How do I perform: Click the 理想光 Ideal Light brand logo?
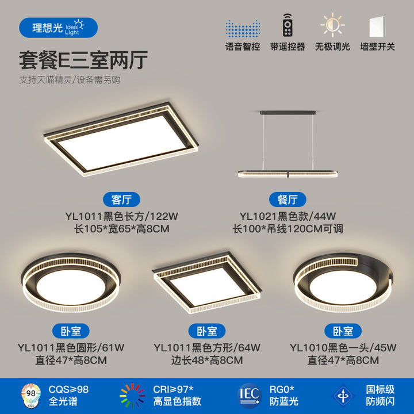point(58,28)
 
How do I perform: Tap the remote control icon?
point(287,25)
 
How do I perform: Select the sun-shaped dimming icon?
point(332,25)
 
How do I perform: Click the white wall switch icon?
point(377,26)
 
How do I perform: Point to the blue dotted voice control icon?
point(243,29)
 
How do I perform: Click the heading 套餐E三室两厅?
point(83,60)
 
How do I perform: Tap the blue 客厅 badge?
point(121,200)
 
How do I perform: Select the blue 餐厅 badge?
point(287,200)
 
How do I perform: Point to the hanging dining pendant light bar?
point(288,174)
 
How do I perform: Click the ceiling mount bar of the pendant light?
point(288,113)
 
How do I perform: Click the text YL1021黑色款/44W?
point(287,216)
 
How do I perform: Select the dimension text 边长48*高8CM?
point(207,361)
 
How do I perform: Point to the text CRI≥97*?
point(173,389)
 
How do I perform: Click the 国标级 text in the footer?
point(380,389)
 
